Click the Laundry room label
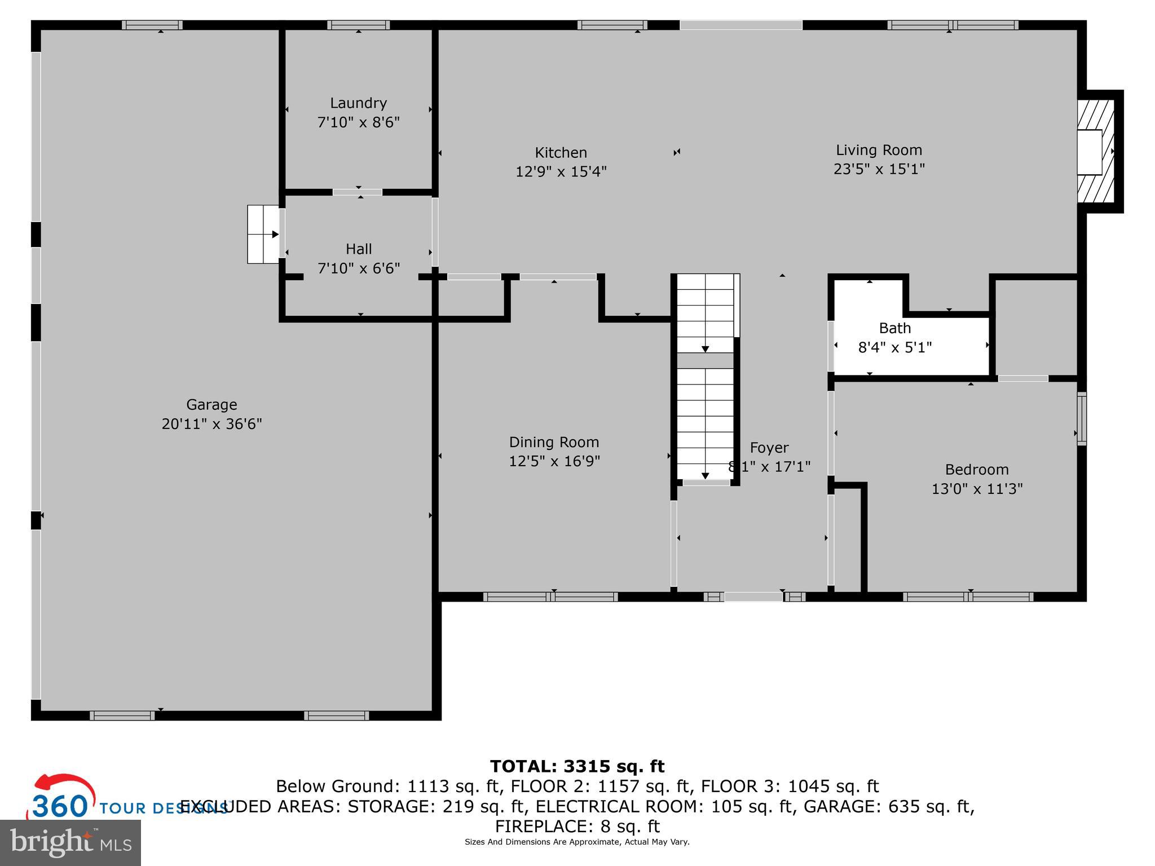click(358, 103)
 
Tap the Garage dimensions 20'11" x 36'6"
click(211, 424)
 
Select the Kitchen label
click(561, 153)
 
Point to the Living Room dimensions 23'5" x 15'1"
click(879, 169)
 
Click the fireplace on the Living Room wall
click(1096, 152)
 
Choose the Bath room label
click(894, 328)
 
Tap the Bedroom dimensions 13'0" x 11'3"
click(976, 489)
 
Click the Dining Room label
click(554, 443)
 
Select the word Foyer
click(769, 448)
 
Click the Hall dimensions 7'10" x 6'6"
click(359, 268)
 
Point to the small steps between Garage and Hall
click(263, 234)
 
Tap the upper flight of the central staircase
click(705, 313)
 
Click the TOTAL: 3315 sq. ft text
click(577, 766)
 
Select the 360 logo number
click(60, 806)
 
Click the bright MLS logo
click(70, 842)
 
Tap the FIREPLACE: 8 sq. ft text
click(577, 827)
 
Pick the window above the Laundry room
click(358, 25)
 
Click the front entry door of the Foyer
click(753, 597)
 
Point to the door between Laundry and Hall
click(357, 192)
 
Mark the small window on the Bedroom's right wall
click(1081, 418)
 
